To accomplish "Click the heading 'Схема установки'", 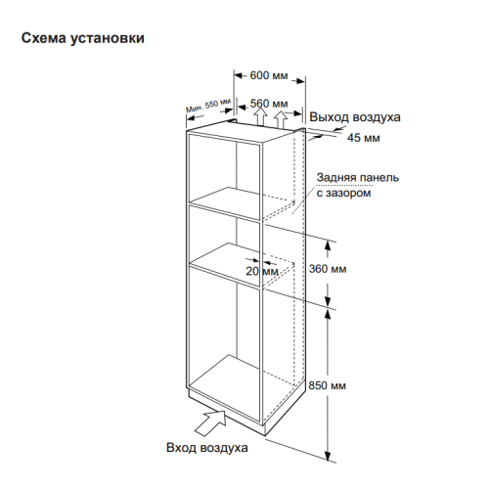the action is [83, 38].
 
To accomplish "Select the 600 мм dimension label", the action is [269, 75].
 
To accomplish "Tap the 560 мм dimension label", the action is [269, 104].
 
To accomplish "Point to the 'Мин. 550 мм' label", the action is [208, 106].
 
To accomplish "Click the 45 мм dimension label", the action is [364, 138].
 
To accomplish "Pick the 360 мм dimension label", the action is [328, 269].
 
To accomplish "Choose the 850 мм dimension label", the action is [327, 385].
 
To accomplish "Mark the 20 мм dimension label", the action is [262, 271].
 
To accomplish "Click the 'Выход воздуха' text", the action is [355, 117].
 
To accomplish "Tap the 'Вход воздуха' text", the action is [207, 448].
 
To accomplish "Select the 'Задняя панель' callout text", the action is [358, 178].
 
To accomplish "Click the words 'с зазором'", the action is [343, 193].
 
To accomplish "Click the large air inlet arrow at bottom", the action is [211, 422].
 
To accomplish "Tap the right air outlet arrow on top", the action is [281, 119].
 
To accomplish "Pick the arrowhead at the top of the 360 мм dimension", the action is [328, 246].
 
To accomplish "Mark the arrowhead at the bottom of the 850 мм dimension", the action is [328, 456].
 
